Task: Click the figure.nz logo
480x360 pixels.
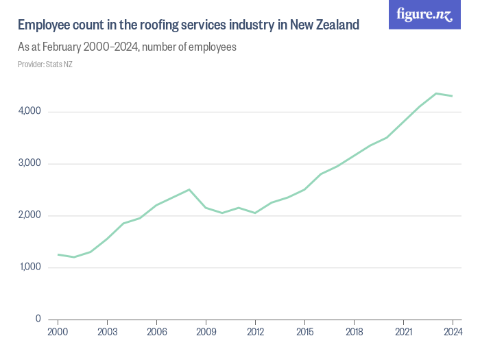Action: tap(424, 15)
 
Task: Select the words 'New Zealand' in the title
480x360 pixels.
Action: tap(324, 25)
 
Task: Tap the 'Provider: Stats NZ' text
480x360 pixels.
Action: tap(45, 64)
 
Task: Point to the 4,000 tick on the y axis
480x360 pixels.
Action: tap(29, 112)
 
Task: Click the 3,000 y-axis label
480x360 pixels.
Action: tap(29, 164)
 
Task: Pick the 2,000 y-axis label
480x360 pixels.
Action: tap(29, 216)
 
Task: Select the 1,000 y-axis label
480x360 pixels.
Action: tap(29, 267)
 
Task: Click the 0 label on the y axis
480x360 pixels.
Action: tap(38, 320)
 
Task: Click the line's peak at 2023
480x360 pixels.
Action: tap(436, 93)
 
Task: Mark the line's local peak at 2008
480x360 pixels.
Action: tap(189, 189)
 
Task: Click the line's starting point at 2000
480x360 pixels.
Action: tap(58, 254)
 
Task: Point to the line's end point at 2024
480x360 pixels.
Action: tap(453, 96)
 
